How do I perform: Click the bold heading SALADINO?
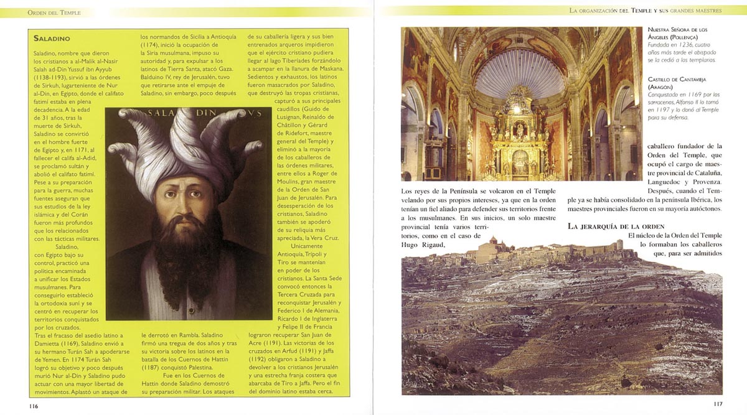pyautogui.click(x=55, y=39)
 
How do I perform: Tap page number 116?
pyautogui.click(x=33, y=406)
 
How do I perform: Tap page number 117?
pyautogui.click(x=717, y=404)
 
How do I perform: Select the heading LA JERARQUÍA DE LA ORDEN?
pyautogui.click(x=616, y=226)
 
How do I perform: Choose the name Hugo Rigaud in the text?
pyautogui.click(x=424, y=245)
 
